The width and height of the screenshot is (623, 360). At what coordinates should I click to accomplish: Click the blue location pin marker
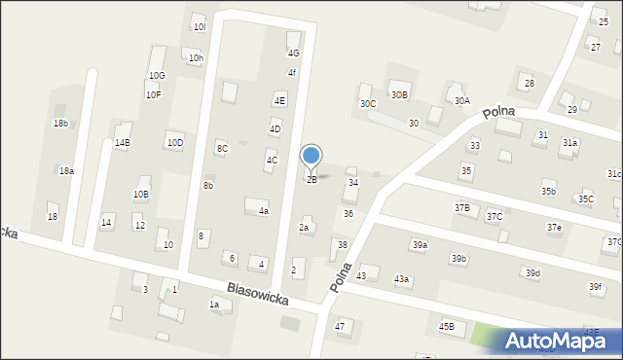click(x=311, y=156)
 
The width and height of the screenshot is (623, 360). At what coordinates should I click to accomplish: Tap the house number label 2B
click(x=311, y=179)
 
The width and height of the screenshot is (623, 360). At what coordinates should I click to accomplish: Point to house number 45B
click(x=446, y=327)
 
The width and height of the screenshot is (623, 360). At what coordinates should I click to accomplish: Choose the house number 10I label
click(x=200, y=26)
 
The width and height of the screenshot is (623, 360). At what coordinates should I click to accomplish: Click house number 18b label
click(x=61, y=124)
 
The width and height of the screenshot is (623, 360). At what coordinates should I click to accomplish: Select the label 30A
click(x=461, y=100)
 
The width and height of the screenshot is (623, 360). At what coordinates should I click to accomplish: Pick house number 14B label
click(x=122, y=143)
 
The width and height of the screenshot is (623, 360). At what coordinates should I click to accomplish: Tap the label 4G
click(x=293, y=54)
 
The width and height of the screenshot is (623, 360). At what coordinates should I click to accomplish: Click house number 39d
click(x=532, y=273)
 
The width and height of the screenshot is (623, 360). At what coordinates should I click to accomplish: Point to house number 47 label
click(x=340, y=327)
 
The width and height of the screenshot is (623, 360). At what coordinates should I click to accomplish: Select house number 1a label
click(x=214, y=305)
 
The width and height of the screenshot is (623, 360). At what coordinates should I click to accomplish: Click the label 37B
click(x=461, y=208)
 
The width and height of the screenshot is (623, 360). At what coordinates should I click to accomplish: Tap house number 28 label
click(x=530, y=84)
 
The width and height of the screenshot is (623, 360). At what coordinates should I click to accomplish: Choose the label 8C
click(x=222, y=148)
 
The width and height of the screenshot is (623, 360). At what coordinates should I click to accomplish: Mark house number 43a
click(x=401, y=279)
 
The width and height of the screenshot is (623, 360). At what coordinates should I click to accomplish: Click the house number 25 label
click(x=603, y=21)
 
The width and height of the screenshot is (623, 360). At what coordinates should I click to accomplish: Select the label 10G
click(x=157, y=75)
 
